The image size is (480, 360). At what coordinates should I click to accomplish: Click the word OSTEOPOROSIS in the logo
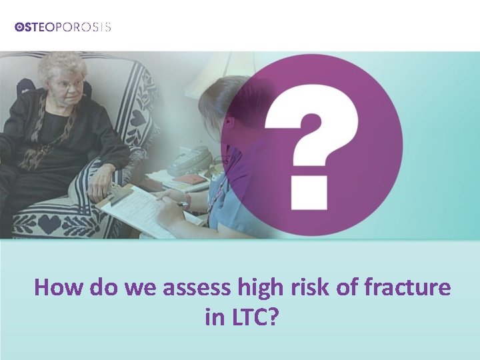[x=63, y=27]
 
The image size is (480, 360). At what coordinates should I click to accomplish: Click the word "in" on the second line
[x=215, y=317]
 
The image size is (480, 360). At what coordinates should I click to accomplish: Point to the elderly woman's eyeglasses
[x=68, y=83]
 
